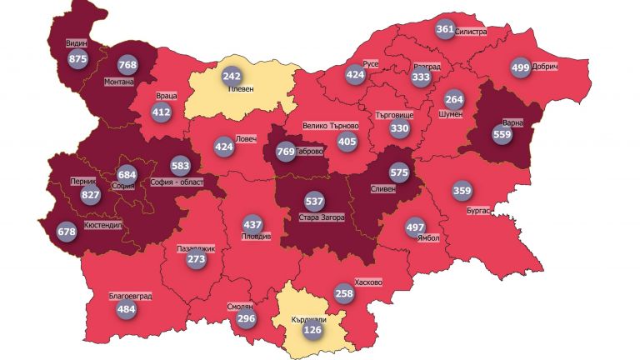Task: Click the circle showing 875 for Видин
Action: coord(78,59)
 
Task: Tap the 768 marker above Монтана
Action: coord(127,65)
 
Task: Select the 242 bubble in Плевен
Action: coord(232,76)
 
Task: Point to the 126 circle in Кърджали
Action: coord(312,329)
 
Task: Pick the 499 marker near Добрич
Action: coord(520,67)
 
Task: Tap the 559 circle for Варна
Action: coord(502,135)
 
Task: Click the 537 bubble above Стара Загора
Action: coord(314,202)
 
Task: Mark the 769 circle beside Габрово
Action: coord(285,152)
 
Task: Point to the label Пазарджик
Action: coord(197,248)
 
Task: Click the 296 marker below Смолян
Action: coord(245,319)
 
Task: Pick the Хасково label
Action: coord(367,282)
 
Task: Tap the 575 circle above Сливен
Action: coord(399,172)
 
